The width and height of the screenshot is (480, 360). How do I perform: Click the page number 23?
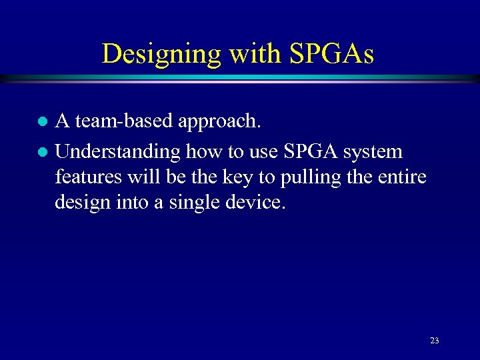(434, 341)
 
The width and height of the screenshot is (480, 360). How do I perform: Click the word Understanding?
(117, 152)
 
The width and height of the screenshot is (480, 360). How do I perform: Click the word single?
(191, 203)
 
